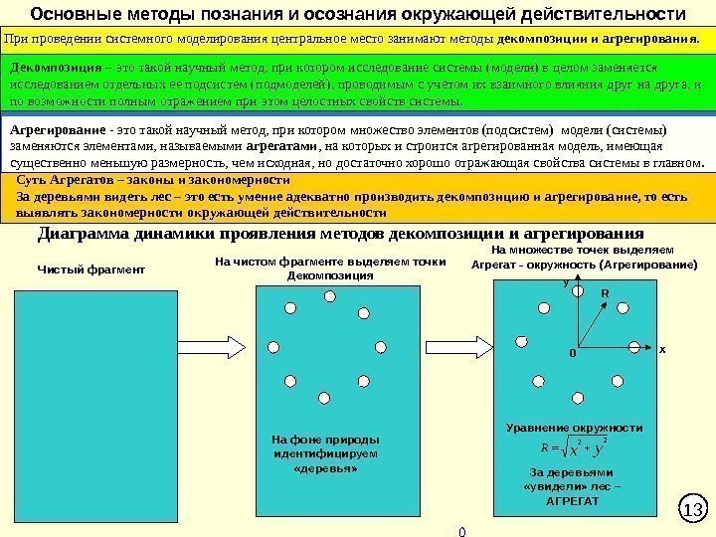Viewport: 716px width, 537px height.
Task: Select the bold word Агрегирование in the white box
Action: (57, 131)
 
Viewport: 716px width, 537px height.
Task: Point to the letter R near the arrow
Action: (603, 294)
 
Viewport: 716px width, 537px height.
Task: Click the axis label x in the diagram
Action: (660, 349)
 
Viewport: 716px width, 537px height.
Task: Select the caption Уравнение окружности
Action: (575, 427)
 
